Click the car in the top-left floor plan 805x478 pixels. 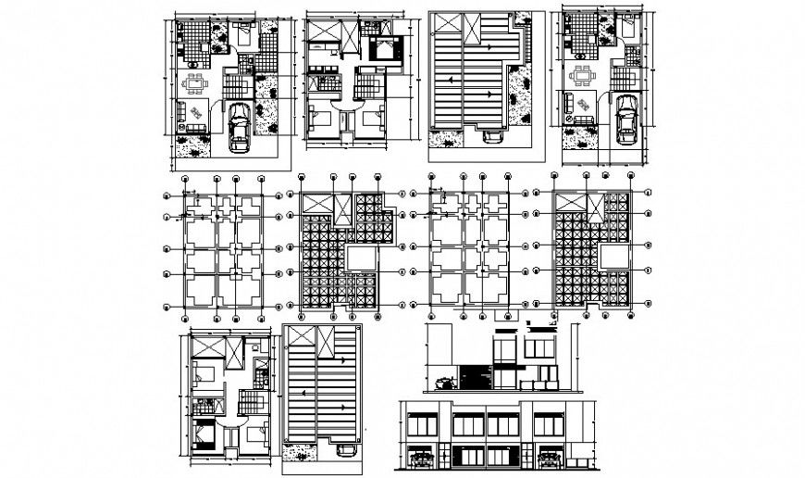[239, 125]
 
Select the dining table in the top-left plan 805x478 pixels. [195, 84]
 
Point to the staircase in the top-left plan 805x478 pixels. [237, 87]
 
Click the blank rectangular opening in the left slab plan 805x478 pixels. [362, 257]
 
